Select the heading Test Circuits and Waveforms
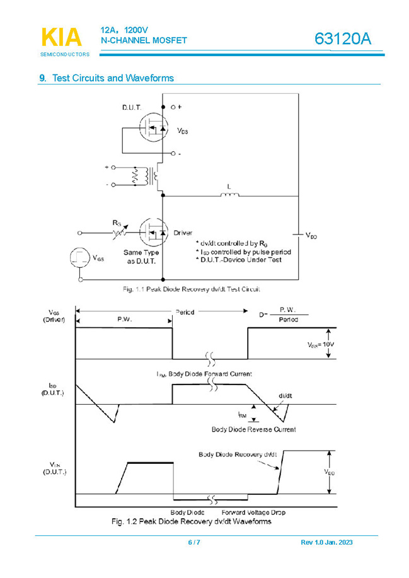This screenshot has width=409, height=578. pyautogui.click(x=113, y=78)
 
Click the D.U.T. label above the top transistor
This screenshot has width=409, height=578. pyautogui.click(x=132, y=108)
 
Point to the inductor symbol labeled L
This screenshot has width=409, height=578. pyautogui.click(x=229, y=194)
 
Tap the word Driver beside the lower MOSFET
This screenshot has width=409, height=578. pyautogui.click(x=183, y=233)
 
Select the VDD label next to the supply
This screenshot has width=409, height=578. pyautogui.click(x=311, y=236)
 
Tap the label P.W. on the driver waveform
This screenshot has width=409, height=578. pyautogui.click(x=125, y=319)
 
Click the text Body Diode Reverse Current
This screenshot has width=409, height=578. pyautogui.click(x=253, y=429)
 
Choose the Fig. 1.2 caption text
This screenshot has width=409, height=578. pyautogui.click(x=191, y=521)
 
